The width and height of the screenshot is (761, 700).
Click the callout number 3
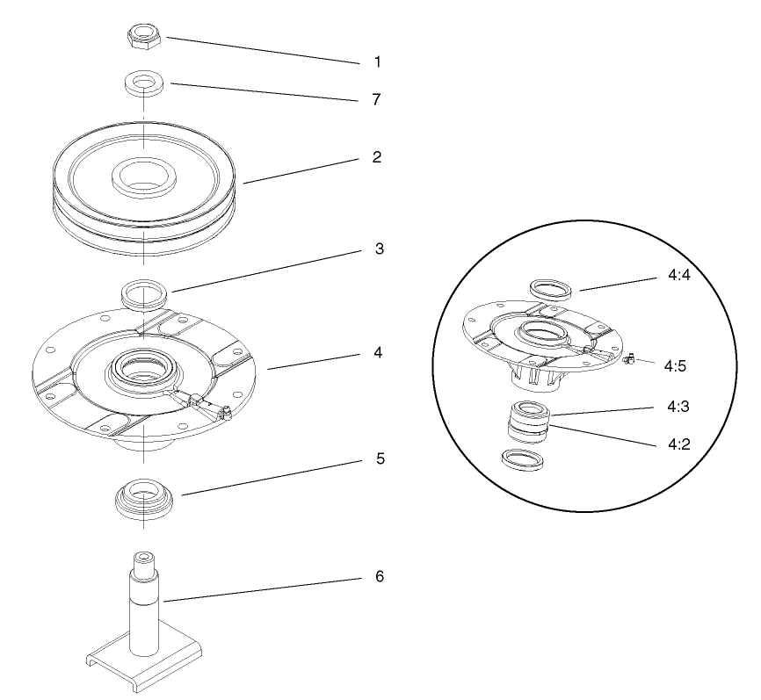[379, 249]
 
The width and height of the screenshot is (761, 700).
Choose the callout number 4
[377, 352]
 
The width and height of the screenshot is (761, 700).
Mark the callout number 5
[379, 458]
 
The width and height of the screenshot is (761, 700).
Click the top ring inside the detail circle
[551, 287]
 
